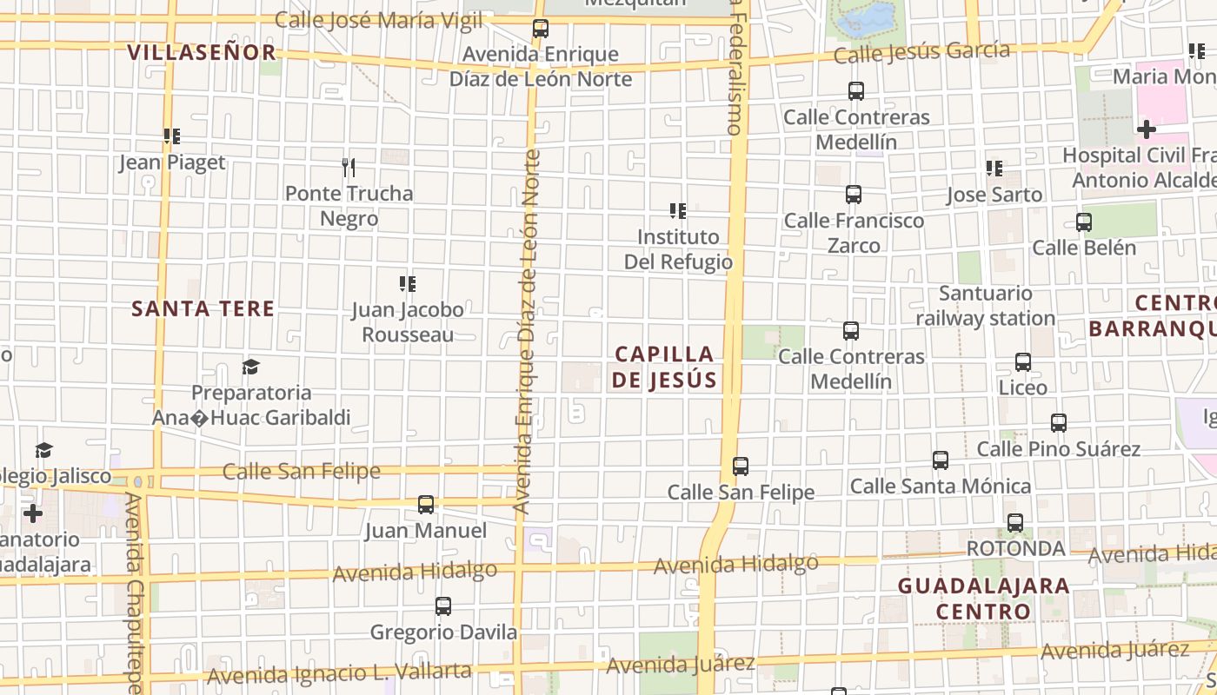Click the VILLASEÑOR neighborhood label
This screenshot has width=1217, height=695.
pyautogui.click(x=202, y=52)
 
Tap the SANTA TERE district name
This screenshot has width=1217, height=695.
pyautogui.click(x=203, y=308)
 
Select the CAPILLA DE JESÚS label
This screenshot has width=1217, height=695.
pyautogui.click(x=665, y=367)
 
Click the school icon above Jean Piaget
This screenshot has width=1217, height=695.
pyautogui.click(x=172, y=136)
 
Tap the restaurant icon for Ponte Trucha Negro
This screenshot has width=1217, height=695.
pyautogui.click(x=349, y=167)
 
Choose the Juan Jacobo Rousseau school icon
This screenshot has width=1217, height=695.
pyautogui.click(x=408, y=283)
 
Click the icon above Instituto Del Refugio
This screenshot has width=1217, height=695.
pyautogui.click(x=678, y=210)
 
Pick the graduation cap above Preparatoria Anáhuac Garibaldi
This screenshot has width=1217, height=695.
pyautogui.click(x=251, y=367)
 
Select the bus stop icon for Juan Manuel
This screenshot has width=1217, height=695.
pyautogui.click(x=426, y=505)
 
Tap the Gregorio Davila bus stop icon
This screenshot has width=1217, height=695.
pyautogui.click(x=443, y=606)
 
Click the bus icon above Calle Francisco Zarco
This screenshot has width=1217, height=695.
pyautogui.click(x=854, y=195)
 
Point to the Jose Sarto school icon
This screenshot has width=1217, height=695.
pyautogui.click(x=994, y=169)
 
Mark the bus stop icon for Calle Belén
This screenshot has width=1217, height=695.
pyautogui.click(x=1084, y=222)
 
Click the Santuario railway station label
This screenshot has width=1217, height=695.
pyautogui.click(x=985, y=306)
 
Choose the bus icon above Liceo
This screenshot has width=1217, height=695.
pyautogui.click(x=1023, y=362)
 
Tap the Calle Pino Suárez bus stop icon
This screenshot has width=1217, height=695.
pyautogui.click(x=1059, y=424)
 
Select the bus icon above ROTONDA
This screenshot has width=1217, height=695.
pyautogui.click(x=1015, y=523)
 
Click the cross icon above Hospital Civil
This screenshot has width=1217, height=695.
pyautogui.click(x=1147, y=130)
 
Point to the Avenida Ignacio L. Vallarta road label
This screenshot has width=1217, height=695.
pyautogui.click(x=339, y=673)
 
